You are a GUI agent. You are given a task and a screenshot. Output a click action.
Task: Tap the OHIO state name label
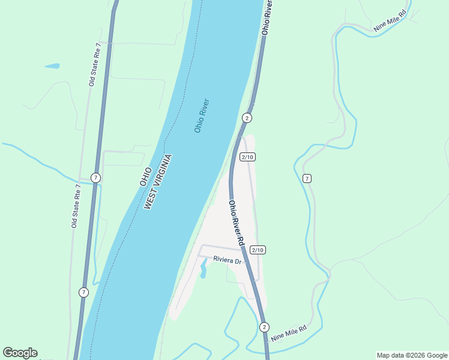(x=145, y=175)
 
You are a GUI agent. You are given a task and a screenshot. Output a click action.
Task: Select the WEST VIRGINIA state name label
(x=158, y=182)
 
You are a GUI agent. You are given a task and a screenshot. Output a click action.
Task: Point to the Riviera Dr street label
(x=227, y=260)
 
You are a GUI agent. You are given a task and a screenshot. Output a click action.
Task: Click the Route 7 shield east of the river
(x=307, y=178)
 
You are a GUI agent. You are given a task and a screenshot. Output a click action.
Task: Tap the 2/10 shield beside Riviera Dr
(x=258, y=250)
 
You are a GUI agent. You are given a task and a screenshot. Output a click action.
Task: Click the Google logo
(x=20, y=353)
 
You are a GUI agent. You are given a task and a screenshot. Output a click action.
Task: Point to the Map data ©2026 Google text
(x=412, y=355)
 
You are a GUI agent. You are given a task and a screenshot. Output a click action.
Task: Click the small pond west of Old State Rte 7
(x=52, y=66)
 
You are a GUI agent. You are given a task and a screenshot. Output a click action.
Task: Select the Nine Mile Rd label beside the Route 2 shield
(x=289, y=333)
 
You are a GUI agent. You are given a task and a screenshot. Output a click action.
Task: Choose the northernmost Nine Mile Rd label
(x=390, y=20)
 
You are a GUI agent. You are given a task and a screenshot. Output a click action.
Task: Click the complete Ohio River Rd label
(x=235, y=223)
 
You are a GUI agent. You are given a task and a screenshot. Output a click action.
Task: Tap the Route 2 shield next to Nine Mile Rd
(x=264, y=327)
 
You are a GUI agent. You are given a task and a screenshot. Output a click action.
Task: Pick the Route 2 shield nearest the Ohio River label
(x=247, y=118)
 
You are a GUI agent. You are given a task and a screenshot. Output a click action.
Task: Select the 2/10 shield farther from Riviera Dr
(x=248, y=157)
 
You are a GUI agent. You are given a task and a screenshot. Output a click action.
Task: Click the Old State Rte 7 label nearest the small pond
(x=93, y=64)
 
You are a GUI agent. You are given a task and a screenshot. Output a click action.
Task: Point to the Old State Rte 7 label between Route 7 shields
(x=75, y=206)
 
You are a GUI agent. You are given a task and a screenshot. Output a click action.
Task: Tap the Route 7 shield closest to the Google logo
(x=83, y=292)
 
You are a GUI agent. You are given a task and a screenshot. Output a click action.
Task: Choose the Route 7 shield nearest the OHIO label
(x=95, y=178)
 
